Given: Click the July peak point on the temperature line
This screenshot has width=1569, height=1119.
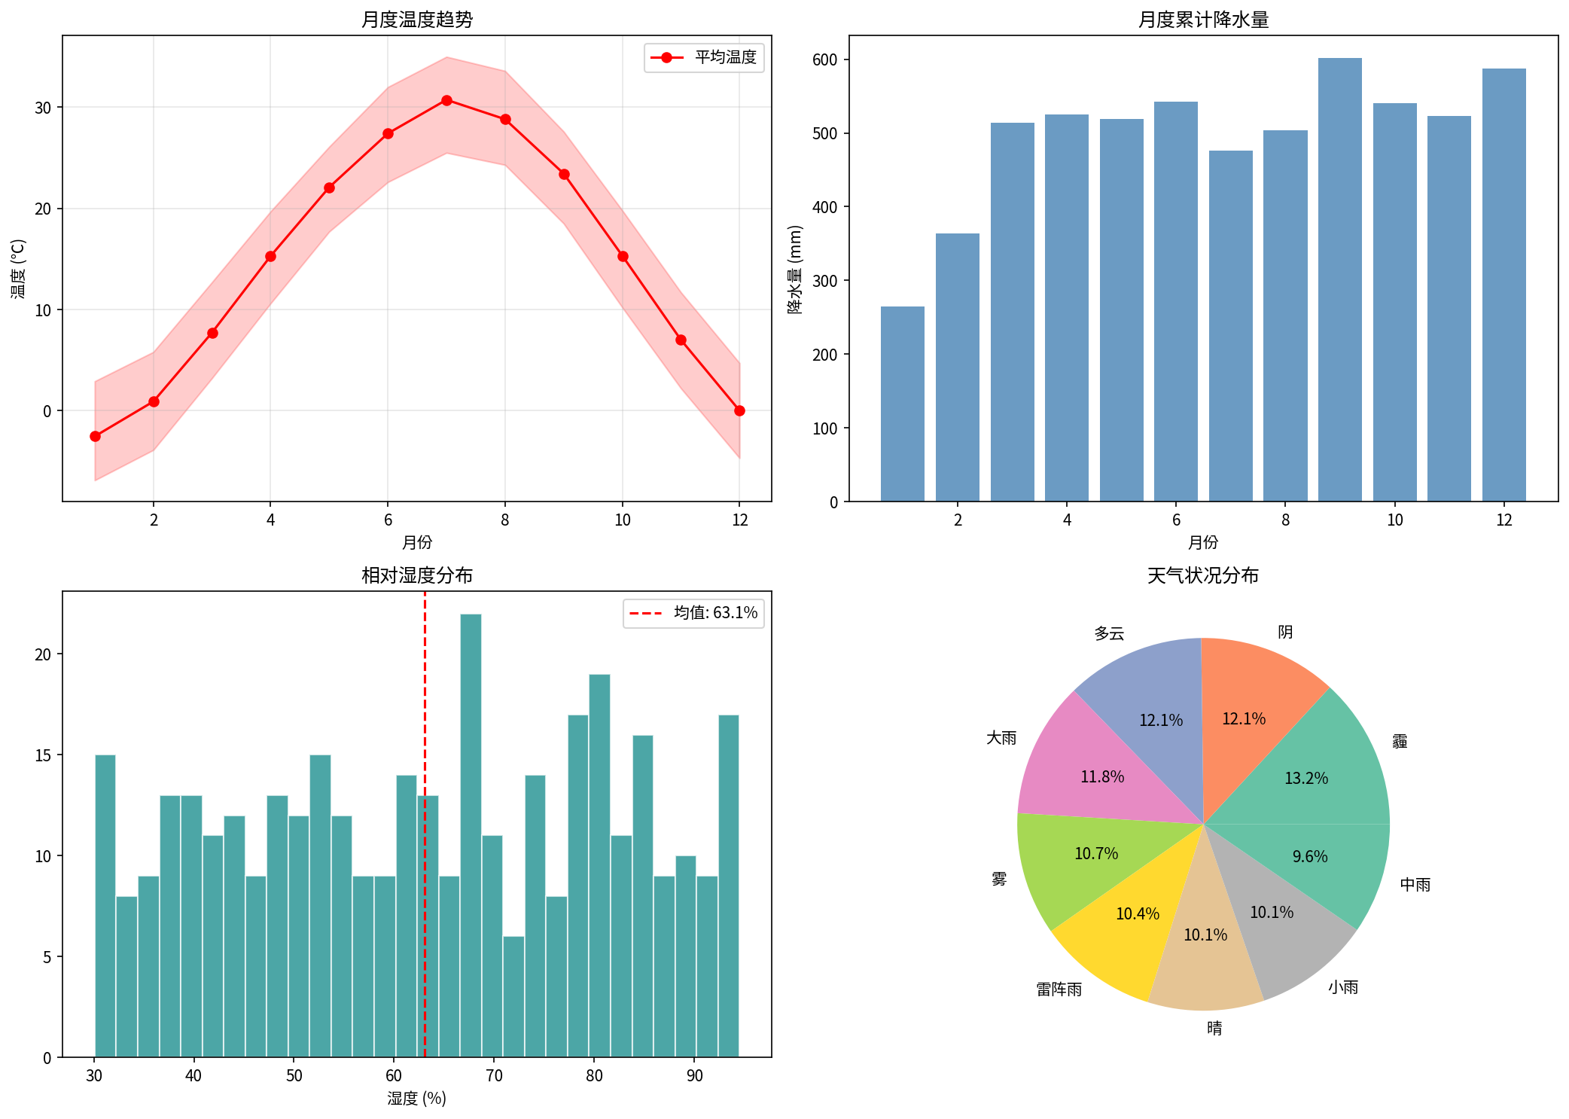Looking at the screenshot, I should pyautogui.click(x=446, y=100).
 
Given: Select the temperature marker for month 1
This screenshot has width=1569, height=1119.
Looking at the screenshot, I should pyautogui.click(x=95, y=436).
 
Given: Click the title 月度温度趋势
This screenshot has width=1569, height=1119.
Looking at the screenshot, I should pyautogui.click(x=416, y=20).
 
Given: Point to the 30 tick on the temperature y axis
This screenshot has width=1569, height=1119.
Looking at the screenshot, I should pyautogui.click(x=43, y=108).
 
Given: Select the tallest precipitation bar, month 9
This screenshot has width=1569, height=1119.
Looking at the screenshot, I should pyautogui.click(x=1339, y=279).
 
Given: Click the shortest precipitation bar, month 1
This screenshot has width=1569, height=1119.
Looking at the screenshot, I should pyautogui.click(x=902, y=404).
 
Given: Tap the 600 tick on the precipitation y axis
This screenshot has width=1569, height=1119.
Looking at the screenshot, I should pyautogui.click(x=825, y=60).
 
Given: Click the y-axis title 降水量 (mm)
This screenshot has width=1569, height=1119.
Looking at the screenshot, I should pyautogui.click(x=795, y=269).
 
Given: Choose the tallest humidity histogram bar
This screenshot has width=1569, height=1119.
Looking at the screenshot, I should pyautogui.click(x=471, y=836).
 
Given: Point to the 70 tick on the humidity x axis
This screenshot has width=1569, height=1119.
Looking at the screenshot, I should pyautogui.click(x=494, y=1075).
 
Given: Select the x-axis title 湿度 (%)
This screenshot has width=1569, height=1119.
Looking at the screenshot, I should pyautogui.click(x=416, y=1099).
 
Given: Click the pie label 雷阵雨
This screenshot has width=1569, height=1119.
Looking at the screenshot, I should pyautogui.click(x=1059, y=989).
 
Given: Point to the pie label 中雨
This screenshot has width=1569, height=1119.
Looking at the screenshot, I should pyautogui.click(x=1415, y=885).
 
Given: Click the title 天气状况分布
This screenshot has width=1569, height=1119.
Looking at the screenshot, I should pyautogui.click(x=1202, y=575).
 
